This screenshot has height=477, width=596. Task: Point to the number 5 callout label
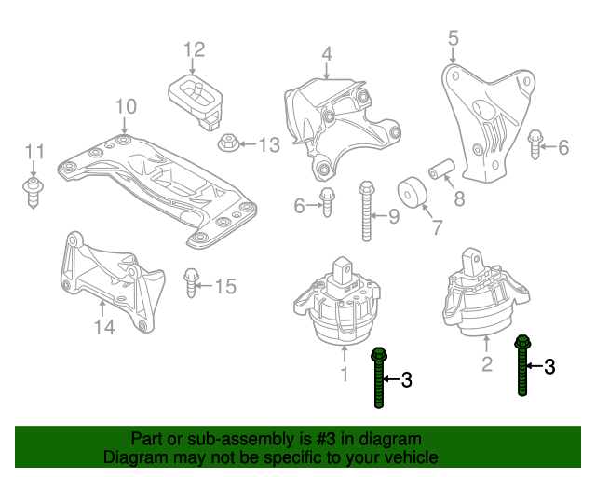click(454, 38)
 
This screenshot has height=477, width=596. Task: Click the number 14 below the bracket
click(103, 327)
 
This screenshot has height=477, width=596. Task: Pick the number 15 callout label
click(226, 286)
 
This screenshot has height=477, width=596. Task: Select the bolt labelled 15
click(193, 280)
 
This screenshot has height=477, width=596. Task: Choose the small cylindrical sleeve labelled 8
click(440, 170)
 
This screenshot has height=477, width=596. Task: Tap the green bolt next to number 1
click(379, 377)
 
